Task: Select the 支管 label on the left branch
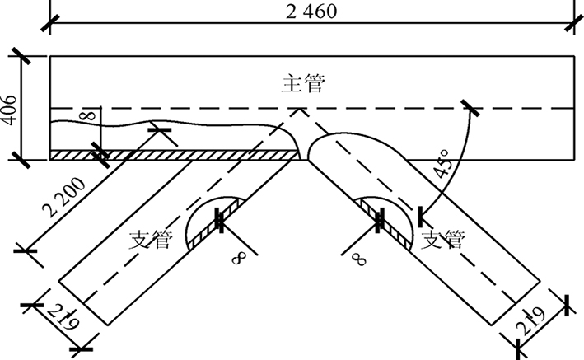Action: [x=151, y=240]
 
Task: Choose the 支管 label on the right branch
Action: [x=442, y=240]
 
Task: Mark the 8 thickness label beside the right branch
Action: [x=357, y=257]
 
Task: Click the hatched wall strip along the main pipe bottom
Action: [x=173, y=154]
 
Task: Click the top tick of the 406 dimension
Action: [x=20, y=57]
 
